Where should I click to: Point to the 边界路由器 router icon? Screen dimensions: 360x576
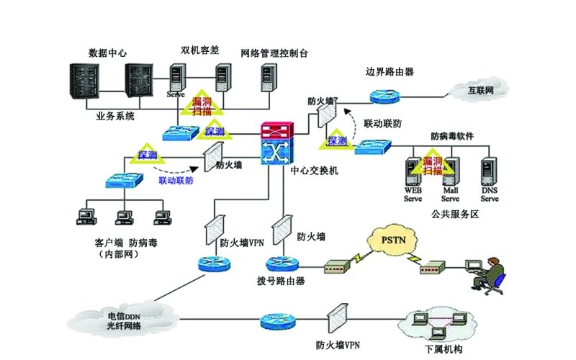(389, 95)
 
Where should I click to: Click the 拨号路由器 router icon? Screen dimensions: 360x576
(281, 264)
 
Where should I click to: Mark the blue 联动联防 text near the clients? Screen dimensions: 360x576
(176, 180)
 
